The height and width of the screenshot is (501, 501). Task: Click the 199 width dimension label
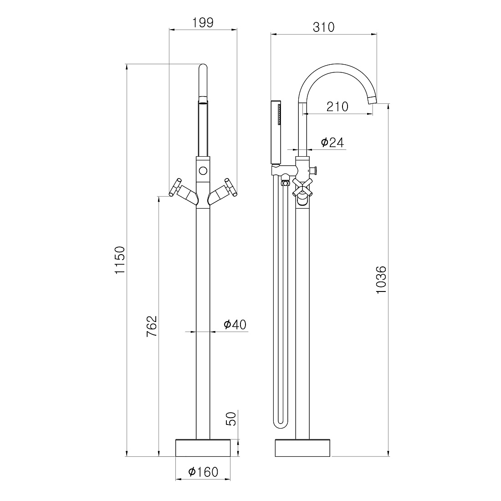coord(203,23)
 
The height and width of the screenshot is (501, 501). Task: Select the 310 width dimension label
coord(324,27)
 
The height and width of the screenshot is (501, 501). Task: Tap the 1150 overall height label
coord(120,260)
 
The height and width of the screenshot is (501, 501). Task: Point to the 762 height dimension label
coord(152,326)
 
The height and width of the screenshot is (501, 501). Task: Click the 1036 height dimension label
coord(381,280)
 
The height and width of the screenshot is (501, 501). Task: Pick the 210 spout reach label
coord(337,107)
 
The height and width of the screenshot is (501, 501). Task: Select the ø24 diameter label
coord(332,142)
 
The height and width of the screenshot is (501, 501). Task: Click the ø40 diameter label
coord(235,324)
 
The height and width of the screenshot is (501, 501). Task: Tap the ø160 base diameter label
coord(203,471)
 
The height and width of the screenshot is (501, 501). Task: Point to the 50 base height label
coord(231,419)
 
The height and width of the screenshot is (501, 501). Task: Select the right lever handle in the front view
coord(222,192)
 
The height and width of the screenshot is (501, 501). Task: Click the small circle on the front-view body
coord(203,170)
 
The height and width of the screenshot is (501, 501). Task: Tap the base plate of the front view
coord(203,448)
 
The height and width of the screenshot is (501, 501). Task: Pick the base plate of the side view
coord(303,448)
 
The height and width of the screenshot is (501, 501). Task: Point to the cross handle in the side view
coord(302,187)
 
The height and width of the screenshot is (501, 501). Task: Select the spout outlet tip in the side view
coord(372,100)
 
